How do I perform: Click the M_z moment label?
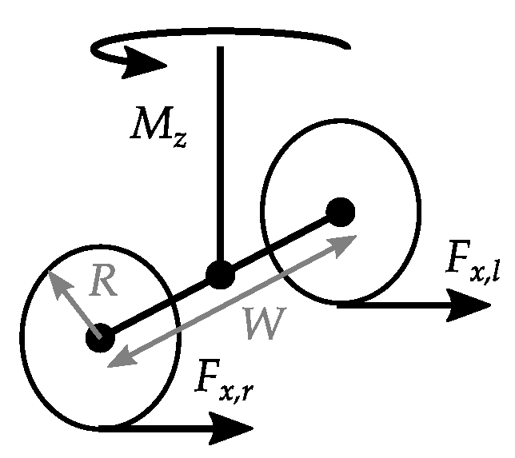(x=158, y=128)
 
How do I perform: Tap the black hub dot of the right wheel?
(x=341, y=212)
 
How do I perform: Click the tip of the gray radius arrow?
(x=54, y=276)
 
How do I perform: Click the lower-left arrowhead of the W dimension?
(x=112, y=364)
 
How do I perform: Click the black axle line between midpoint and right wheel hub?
(x=280, y=245)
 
